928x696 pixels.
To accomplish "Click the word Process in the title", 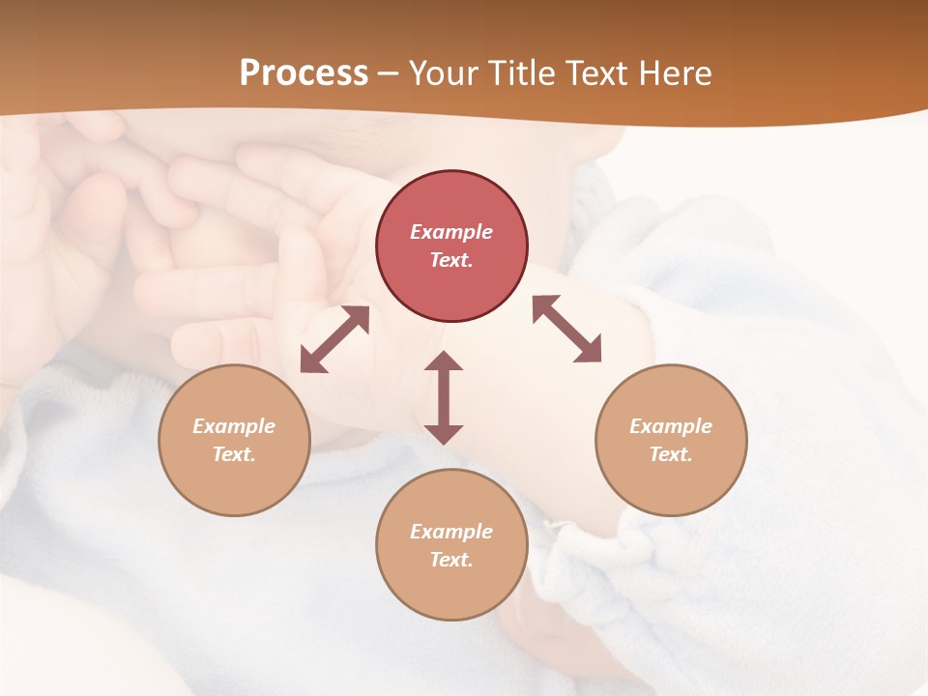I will tap(304, 73).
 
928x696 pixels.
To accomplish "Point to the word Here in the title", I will tap(674, 73).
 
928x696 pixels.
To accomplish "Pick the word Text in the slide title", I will tap(595, 73).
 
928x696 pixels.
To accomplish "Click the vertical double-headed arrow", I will tap(444, 397).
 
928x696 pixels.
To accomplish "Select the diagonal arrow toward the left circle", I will tap(334, 339).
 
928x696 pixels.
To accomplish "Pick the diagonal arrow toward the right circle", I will tap(566, 329).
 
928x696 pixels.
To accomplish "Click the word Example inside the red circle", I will tap(451, 232).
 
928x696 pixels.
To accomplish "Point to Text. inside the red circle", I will tap(451, 260).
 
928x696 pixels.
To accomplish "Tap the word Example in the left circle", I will tap(234, 426).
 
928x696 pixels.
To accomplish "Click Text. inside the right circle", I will tap(671, 454).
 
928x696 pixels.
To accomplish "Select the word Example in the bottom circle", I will tap(451, 532).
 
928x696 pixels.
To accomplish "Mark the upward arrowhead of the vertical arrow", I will tap(444, 362).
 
